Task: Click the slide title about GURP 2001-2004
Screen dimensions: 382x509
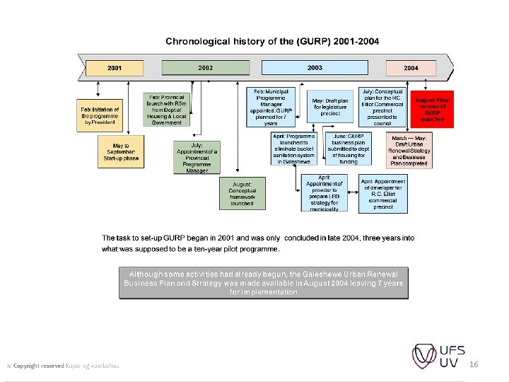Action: point(262,40)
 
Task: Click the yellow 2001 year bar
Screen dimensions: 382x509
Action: point(115,67)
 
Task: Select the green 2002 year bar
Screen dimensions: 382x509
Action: point(206,67)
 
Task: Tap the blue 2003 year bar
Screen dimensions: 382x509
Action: point(315,67)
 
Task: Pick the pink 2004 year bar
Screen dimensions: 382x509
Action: point(411,67)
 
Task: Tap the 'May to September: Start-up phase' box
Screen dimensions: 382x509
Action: point(122,151)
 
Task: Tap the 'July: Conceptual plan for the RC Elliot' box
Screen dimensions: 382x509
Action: point(382,108)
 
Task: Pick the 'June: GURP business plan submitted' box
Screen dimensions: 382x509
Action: point(348,149)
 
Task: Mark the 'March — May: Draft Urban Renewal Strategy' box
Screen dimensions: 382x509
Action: point(409,151)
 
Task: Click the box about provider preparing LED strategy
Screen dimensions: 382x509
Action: point(324,193)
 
